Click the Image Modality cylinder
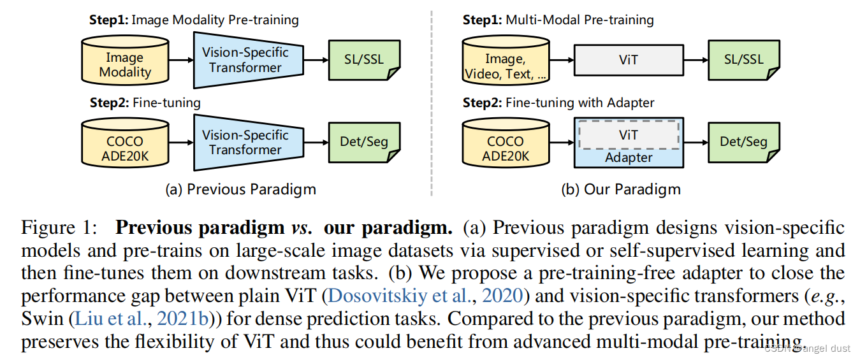[x=124, y=61]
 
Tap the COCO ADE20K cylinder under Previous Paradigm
[x=124, y=143]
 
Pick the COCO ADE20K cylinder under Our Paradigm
[x=505, y=143]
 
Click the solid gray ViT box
[x=628, y=61]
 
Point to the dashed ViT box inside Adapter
[x=628, y=134]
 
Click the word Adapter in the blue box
[x=628, y=157]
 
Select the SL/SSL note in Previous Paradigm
[x=363, y=61]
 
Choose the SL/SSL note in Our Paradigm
[x=743, y=61]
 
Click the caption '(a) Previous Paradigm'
[x=240, y=189]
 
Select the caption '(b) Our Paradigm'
[x=620, y=189]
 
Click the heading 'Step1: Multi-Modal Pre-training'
[x=558, y=20]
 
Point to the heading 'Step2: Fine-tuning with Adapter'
[x=558, y=103]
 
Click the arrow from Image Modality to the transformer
[x=181, y=61]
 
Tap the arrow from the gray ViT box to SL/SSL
[x=696, y=61]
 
